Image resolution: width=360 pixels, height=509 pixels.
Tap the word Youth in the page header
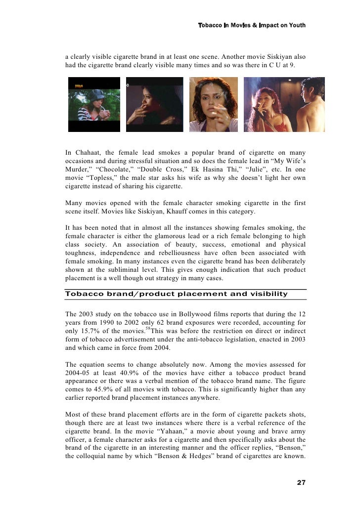(295, 25)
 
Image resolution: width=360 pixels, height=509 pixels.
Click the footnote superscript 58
(149, 328)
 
